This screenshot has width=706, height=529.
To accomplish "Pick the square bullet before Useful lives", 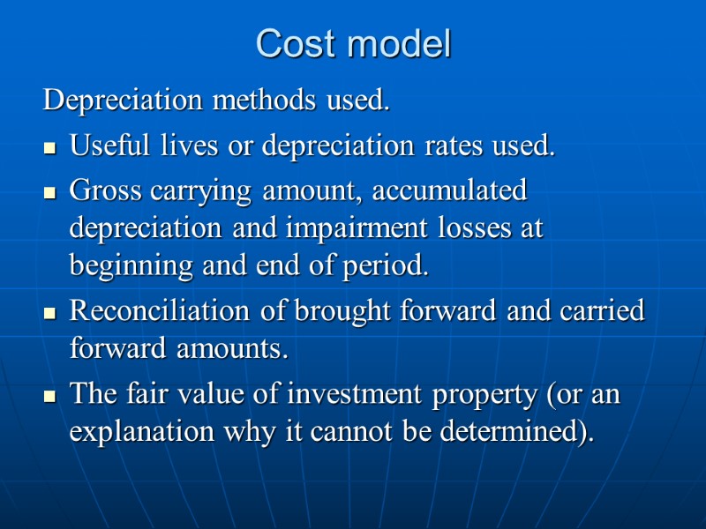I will [x=49, y=148].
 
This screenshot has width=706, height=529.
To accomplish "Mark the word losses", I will [x=474, y=228].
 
